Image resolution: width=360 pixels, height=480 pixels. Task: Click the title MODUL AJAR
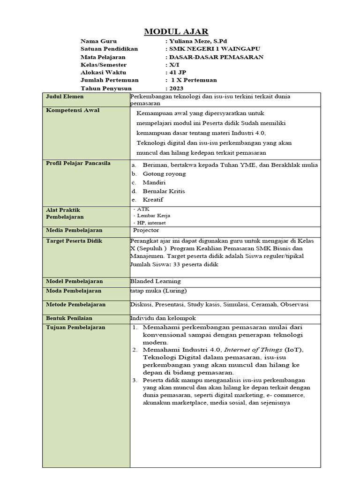click(176, 32)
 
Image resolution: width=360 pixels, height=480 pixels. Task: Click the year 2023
click(177, 88)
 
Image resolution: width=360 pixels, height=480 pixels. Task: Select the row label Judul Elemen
click(65, 97)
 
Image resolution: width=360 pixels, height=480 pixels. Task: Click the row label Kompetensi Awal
click(68, 110)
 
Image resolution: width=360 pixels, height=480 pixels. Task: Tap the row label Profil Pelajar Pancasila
click(78, 163)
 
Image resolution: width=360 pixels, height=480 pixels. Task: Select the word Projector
click(146, 230)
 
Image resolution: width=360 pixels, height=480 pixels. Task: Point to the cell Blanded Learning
click(155, 281)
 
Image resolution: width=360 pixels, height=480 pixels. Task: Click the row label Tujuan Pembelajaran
click(75, 327)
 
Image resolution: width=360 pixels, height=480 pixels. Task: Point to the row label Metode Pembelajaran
click(75, 304)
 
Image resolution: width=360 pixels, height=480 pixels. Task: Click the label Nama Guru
click(99, 41)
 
